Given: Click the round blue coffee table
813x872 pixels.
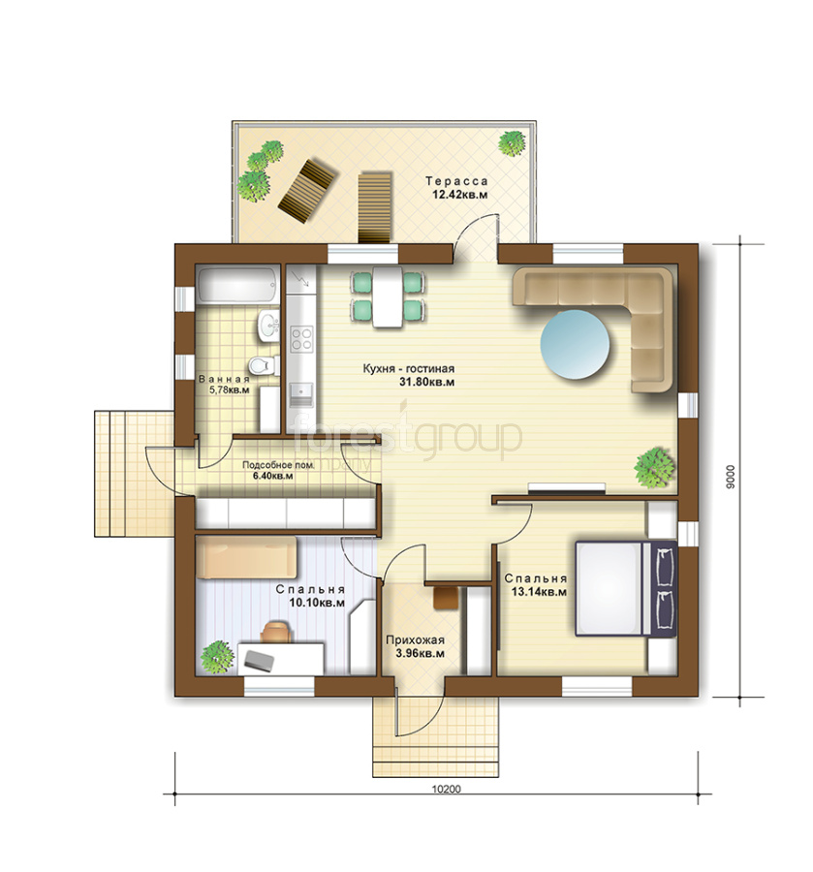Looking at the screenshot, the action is [x=575, y=345].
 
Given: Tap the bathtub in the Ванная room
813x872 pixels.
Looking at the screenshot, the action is [x=237, y=287].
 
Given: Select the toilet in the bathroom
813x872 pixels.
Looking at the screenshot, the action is [x=264, y=365].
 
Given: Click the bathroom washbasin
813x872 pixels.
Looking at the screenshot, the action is [x=268, y=325].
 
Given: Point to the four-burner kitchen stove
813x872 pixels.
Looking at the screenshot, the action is [x=302, y=339].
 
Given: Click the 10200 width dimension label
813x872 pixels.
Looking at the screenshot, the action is [x=447, y=789].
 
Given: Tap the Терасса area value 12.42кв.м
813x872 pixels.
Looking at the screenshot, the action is [x=460, y=195].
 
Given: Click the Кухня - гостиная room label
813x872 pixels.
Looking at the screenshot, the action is [x=409, y=369].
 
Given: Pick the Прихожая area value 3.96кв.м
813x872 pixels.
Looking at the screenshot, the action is [x=420, y=654].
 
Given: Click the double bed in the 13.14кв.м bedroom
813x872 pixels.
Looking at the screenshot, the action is [x=626, y=588].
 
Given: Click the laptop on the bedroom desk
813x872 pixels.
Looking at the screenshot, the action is [x=259, y=660].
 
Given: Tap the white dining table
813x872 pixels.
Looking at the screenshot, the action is [x=389, y=297].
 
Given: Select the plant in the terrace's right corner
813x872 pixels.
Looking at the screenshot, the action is [x=512, y=143].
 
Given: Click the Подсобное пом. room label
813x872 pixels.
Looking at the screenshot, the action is [x=278, y=465].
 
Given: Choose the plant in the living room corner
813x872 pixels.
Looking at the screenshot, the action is [x=655, y=468].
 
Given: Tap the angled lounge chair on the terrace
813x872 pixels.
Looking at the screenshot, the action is [x=306, y=190].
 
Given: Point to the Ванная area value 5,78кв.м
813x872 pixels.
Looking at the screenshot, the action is [x=229, y=390].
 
